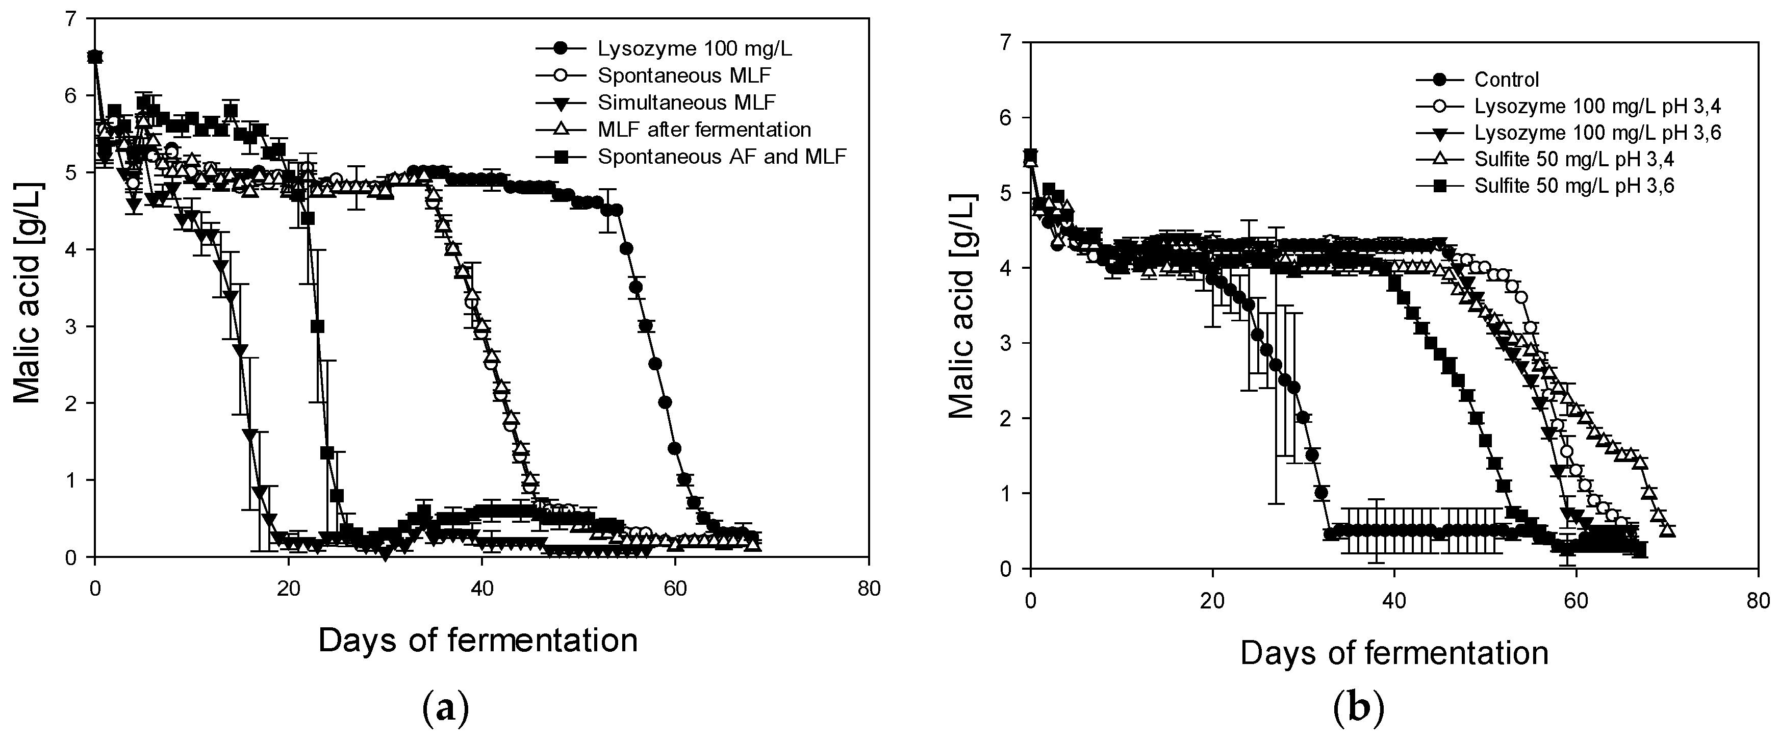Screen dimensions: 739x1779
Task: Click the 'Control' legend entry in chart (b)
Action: pyautogui.click(x=1506, y=80)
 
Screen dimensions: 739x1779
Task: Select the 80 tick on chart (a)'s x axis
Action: pyautogui.click(x=869, y=590)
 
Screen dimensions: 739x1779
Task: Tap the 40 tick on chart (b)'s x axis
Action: pyautogui.click(x=1393, y=600)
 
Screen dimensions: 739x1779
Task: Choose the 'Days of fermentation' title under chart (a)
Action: pyautogui.click(x=478, y=641)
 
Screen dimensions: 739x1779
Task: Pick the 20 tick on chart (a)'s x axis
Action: pyautogui.click(x=288, y=590)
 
